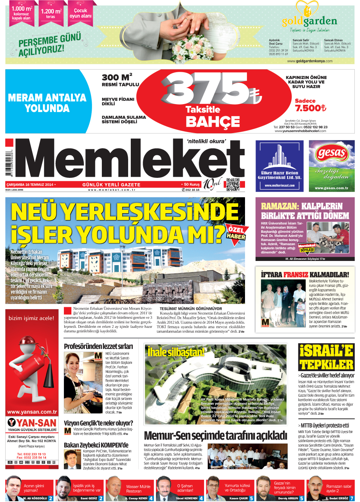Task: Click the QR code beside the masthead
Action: pos(233,184)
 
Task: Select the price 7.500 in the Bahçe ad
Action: pos(310,108)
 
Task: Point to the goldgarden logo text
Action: pos(309,21)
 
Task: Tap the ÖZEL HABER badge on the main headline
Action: pos(236,233)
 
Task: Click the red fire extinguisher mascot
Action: pos(32,367)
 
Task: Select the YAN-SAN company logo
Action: pos(32,423)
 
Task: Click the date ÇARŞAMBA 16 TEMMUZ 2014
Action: pos(30,185)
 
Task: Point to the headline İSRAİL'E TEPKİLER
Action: pos(326,357)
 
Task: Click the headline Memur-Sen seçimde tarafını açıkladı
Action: pos(215,435)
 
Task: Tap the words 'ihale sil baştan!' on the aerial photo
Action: pos(176,352)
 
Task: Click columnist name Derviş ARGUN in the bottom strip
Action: pos(288,498)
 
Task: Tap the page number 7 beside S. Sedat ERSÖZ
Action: pos(352,498)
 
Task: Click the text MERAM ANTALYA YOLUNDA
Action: pos(47,103)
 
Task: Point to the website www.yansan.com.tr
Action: pos(32,412)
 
